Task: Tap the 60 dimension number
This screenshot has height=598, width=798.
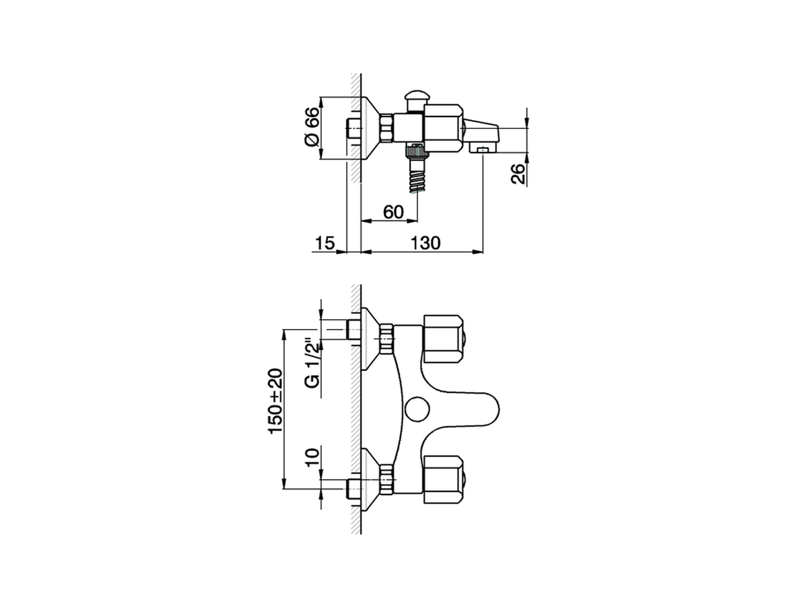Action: [x=393, y=212]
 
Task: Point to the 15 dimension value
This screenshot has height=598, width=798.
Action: [x=324, y=243]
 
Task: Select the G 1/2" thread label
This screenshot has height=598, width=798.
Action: [x=313, y=371]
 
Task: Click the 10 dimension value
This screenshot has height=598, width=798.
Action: [x=313, y=458]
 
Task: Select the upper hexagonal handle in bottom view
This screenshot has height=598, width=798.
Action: [x=443, y=338]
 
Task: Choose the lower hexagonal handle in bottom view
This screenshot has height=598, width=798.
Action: [x=443, y=479]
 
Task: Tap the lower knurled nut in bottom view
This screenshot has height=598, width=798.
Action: [x=387, y=479]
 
